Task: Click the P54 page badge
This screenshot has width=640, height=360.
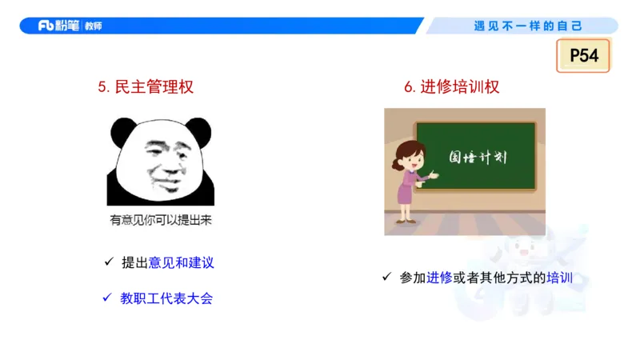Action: pyautogui.click(x=584, y=56)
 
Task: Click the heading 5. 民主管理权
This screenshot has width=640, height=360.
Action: pyautogui.click(x=146, y=87)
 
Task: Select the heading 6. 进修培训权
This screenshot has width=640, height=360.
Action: pyautogui.click(x=452, y=87)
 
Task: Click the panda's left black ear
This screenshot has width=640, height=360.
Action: pyautogui.click(x=123, y=131)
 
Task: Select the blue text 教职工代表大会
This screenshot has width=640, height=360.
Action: pyautogui.click(x=166, y=298)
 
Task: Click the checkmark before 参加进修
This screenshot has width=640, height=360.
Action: pyautogui.click(x=386, y=278)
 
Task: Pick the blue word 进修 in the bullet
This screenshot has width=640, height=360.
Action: pyautogui.click(x=439, y=278)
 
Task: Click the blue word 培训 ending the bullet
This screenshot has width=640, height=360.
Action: pyautogui.click(x=559, y=278)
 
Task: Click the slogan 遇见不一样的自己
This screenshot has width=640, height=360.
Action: pyautogui.click(x=528, y=26)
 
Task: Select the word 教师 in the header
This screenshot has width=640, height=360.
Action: pyautogui.click(x=93, y=26)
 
